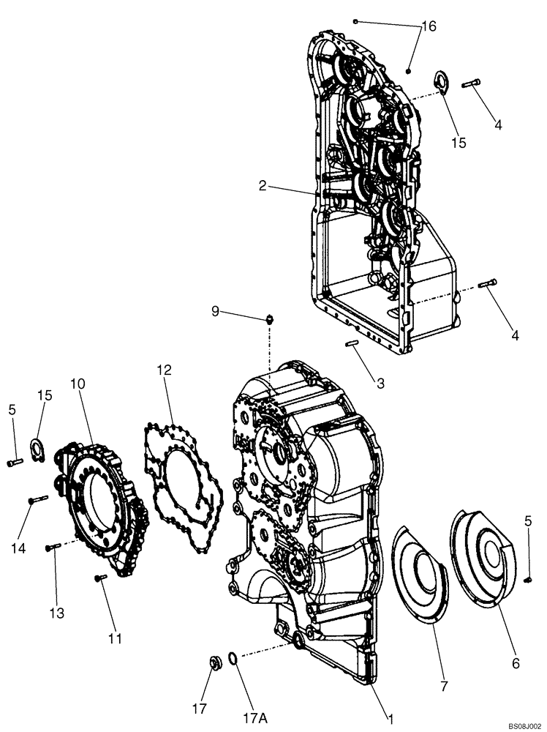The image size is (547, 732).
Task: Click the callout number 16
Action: [429, 26]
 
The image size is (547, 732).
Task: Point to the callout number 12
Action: [164, 370]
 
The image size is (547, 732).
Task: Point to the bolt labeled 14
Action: [37, 500]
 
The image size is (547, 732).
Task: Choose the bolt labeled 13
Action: [52, 548]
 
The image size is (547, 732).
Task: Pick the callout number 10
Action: [78, 384]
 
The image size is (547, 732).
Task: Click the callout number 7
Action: [445, 686]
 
